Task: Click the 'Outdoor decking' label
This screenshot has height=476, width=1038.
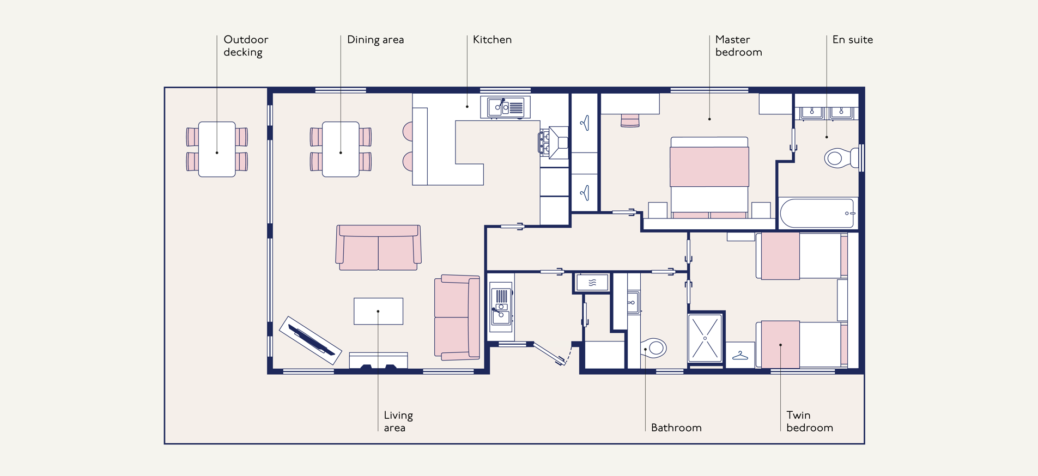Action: pyautogui.click(x=246, y=46)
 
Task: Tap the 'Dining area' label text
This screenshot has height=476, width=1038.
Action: pyautogui.click(x=375, y=40)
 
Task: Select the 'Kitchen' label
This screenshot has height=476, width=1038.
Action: pyautogui.click(x=492, y=40)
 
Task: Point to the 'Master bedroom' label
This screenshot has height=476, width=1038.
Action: pyautogui.click(x=738, y=46)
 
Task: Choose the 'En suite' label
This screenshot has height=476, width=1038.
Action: pyautogui.click(x=852, y=40)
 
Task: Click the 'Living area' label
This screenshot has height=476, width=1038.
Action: pyautogui.click(x=398, y=422)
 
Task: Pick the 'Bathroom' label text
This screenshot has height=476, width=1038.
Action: pyautogui.click(x=676, y=428)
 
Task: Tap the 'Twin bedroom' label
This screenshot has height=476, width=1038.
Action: pyautogui.click(x=810, y=422)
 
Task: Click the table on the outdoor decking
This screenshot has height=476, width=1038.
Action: pyautogui.click(x=217, y=149)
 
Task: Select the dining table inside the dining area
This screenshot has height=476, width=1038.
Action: pyautogui.click(x=341, y=149)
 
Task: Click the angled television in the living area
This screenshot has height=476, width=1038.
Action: pyautogui.click(x=311, y=340)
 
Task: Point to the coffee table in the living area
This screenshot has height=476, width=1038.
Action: pyautogui.click(x=378, y=311)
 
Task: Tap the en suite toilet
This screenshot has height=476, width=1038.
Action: pyautogui.click(x=840, y=158)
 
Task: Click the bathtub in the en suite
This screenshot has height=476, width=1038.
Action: pyautogui.click(x=817, y=213)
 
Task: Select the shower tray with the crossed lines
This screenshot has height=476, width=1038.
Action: pyautogui.click(x=705, y=338)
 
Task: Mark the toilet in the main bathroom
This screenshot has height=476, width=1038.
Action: pyautogui.click(x=653, y=347)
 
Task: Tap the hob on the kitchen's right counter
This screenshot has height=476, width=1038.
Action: pyautogui.click(x=544, y=143)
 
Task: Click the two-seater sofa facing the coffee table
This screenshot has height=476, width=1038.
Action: pyautogui.click(x=378, y=248)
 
